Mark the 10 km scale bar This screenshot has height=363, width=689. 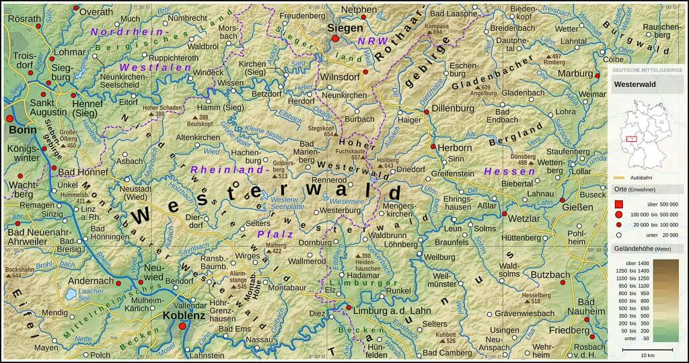648,350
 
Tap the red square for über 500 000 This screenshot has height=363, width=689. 618,203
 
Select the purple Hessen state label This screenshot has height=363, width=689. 503,171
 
